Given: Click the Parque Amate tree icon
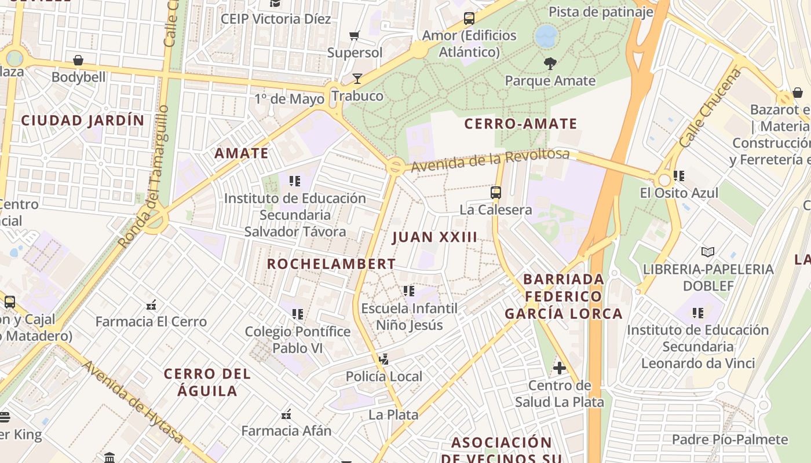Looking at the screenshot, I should (x=550, y=64).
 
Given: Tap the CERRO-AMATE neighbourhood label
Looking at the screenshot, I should (x=521, y=124).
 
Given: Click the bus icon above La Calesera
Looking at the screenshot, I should (x=496, y=193).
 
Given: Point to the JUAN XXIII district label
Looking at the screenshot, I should (x=434, y=237).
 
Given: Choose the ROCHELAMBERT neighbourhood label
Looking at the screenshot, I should (x=331, y=264).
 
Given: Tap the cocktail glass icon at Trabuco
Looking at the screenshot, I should (x=357, y=79).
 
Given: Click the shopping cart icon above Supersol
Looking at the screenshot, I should (x=355, y=36).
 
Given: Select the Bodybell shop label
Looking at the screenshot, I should (x=79, y=77).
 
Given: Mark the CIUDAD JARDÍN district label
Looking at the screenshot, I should (x=82, y=120).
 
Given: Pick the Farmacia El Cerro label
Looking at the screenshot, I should (x=151, y=322).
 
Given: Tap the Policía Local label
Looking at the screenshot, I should (x=384, y=377).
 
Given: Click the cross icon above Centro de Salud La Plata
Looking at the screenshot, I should (x=559, y=368).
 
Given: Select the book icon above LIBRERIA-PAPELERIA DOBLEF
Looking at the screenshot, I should (x=707, y=252).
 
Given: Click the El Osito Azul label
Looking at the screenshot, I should (x=679, y=193).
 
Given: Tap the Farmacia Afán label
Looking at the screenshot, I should (x=286, y=431).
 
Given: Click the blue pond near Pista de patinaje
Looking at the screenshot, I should (x=546, y=36).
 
